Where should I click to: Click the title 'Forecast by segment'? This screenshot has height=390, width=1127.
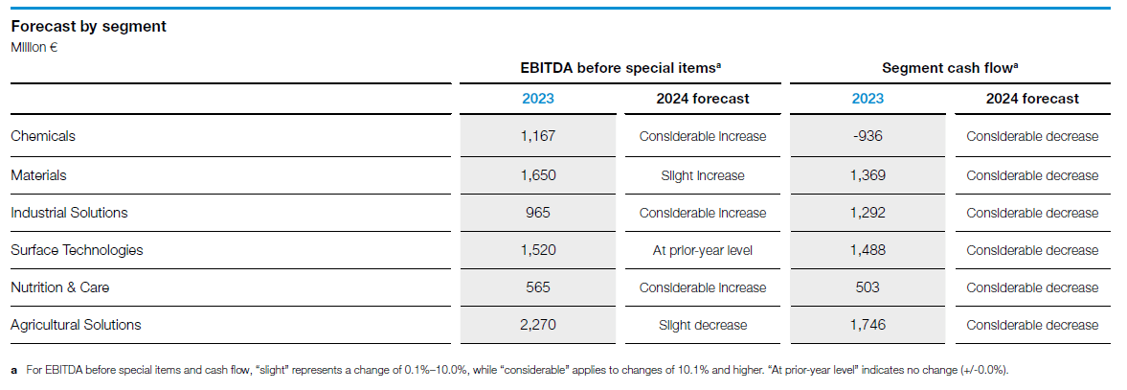(88, 27)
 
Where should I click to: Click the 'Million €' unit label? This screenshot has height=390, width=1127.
(34, 46)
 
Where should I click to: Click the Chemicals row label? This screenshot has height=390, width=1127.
(43, 136)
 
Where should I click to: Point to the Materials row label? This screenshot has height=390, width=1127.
(38, 175)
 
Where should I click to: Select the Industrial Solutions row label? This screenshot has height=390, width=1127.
(69, 213)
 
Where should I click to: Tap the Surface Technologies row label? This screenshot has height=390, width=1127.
(77, 250)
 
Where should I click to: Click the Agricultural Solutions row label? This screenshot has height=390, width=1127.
(76, 325)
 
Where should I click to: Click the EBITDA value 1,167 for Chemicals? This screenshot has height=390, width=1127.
(538, 136)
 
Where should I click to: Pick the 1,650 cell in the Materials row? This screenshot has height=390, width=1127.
(538, 175)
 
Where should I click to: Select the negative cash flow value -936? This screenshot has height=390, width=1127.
(867, 136)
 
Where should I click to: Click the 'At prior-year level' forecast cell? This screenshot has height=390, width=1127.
(702, 250)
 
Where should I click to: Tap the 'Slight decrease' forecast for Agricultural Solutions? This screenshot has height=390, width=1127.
(702, 325)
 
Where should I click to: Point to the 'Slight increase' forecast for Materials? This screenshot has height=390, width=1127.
(702, 175)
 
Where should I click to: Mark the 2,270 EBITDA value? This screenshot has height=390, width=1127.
(538, 325)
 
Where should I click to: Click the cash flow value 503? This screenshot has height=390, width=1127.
(867, 287)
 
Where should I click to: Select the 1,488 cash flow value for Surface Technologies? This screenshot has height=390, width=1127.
(867, 250)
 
